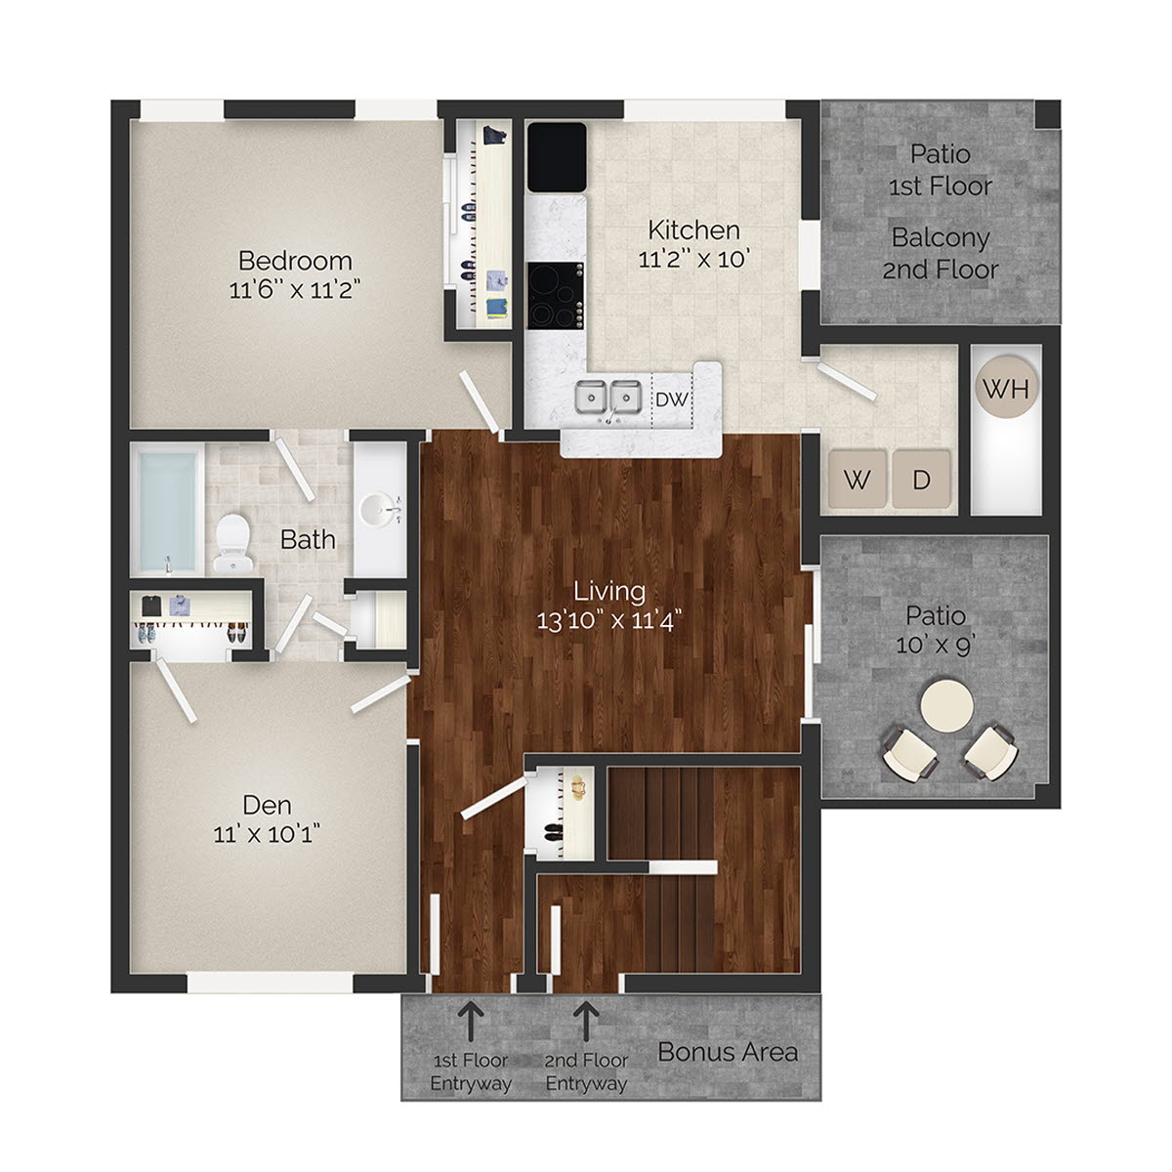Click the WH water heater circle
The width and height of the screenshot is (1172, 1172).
pos(1006,389)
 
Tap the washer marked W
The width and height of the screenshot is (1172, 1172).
pos(857,479)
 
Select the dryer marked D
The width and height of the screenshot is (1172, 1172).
pos(921,479)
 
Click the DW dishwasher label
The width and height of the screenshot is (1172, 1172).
pos(671,398)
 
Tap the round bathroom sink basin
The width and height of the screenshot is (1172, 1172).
pos(380,509)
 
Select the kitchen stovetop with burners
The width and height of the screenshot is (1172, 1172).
pos(556,295)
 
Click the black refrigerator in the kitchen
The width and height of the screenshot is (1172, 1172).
pos(557,157)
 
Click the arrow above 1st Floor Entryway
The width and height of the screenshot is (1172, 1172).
pos(470,1021)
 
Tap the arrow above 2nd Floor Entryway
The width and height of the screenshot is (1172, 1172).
pos(586,1021)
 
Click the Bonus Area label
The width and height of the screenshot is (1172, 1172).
pos(728,1052)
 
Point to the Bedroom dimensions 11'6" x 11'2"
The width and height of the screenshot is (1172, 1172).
pos(295,289)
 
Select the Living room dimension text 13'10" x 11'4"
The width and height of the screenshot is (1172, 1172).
pos(609,619)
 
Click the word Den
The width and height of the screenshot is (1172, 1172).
pos(267,805)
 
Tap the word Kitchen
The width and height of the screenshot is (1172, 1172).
pos(693,230)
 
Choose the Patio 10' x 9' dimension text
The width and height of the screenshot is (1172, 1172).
pos(936,646)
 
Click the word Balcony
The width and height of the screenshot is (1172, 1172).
pos(941,237)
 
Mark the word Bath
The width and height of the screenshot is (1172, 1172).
pos(308,539)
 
